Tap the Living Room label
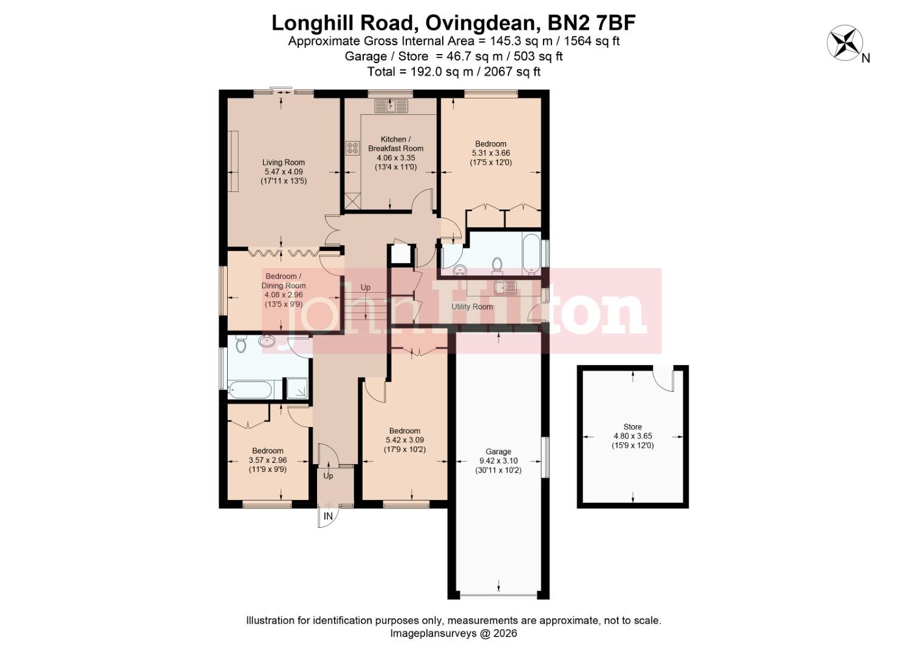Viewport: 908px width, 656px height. click(x=283, y=162)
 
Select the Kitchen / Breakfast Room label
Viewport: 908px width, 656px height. click(x=395, y=143)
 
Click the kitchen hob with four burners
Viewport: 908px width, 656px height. click(x=352, y=148)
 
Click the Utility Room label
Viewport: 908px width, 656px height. click(x=472, y=307)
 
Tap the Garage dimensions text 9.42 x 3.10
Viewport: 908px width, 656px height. click(x=498, y=461)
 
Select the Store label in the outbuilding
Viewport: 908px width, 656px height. click(x=632, y=426)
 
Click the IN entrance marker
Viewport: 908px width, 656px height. click(x=328, y=516)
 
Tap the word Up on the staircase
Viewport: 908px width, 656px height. click(x=365, y=287)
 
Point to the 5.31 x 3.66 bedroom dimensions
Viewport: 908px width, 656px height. click(x=490, y=153)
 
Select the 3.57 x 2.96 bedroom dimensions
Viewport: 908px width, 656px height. click(x=268, y=460)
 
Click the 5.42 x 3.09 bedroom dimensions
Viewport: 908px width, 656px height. click(x=405, y=440)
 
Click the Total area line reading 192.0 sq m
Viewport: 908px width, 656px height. click(x=454, y=72)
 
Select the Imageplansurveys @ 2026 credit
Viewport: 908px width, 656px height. click(x=453, y=633)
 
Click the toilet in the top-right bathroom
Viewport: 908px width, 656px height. click(x=498, y=265)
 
